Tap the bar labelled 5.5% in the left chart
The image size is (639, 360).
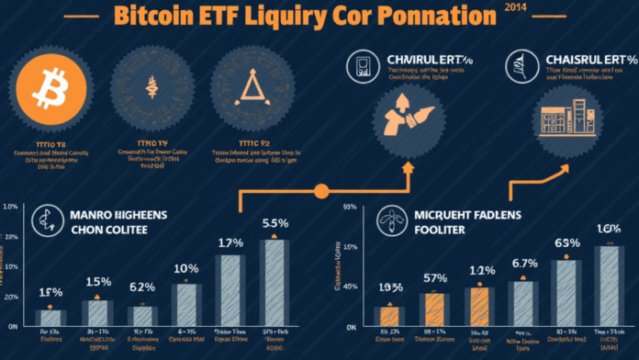click(275, 283)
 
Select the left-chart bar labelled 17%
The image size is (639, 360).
click(230, 291)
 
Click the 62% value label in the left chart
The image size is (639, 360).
click(141, 285)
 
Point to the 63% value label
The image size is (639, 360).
click(566, 243)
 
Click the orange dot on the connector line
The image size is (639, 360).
click(321, 192)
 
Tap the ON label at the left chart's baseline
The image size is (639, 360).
click(13, 326)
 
